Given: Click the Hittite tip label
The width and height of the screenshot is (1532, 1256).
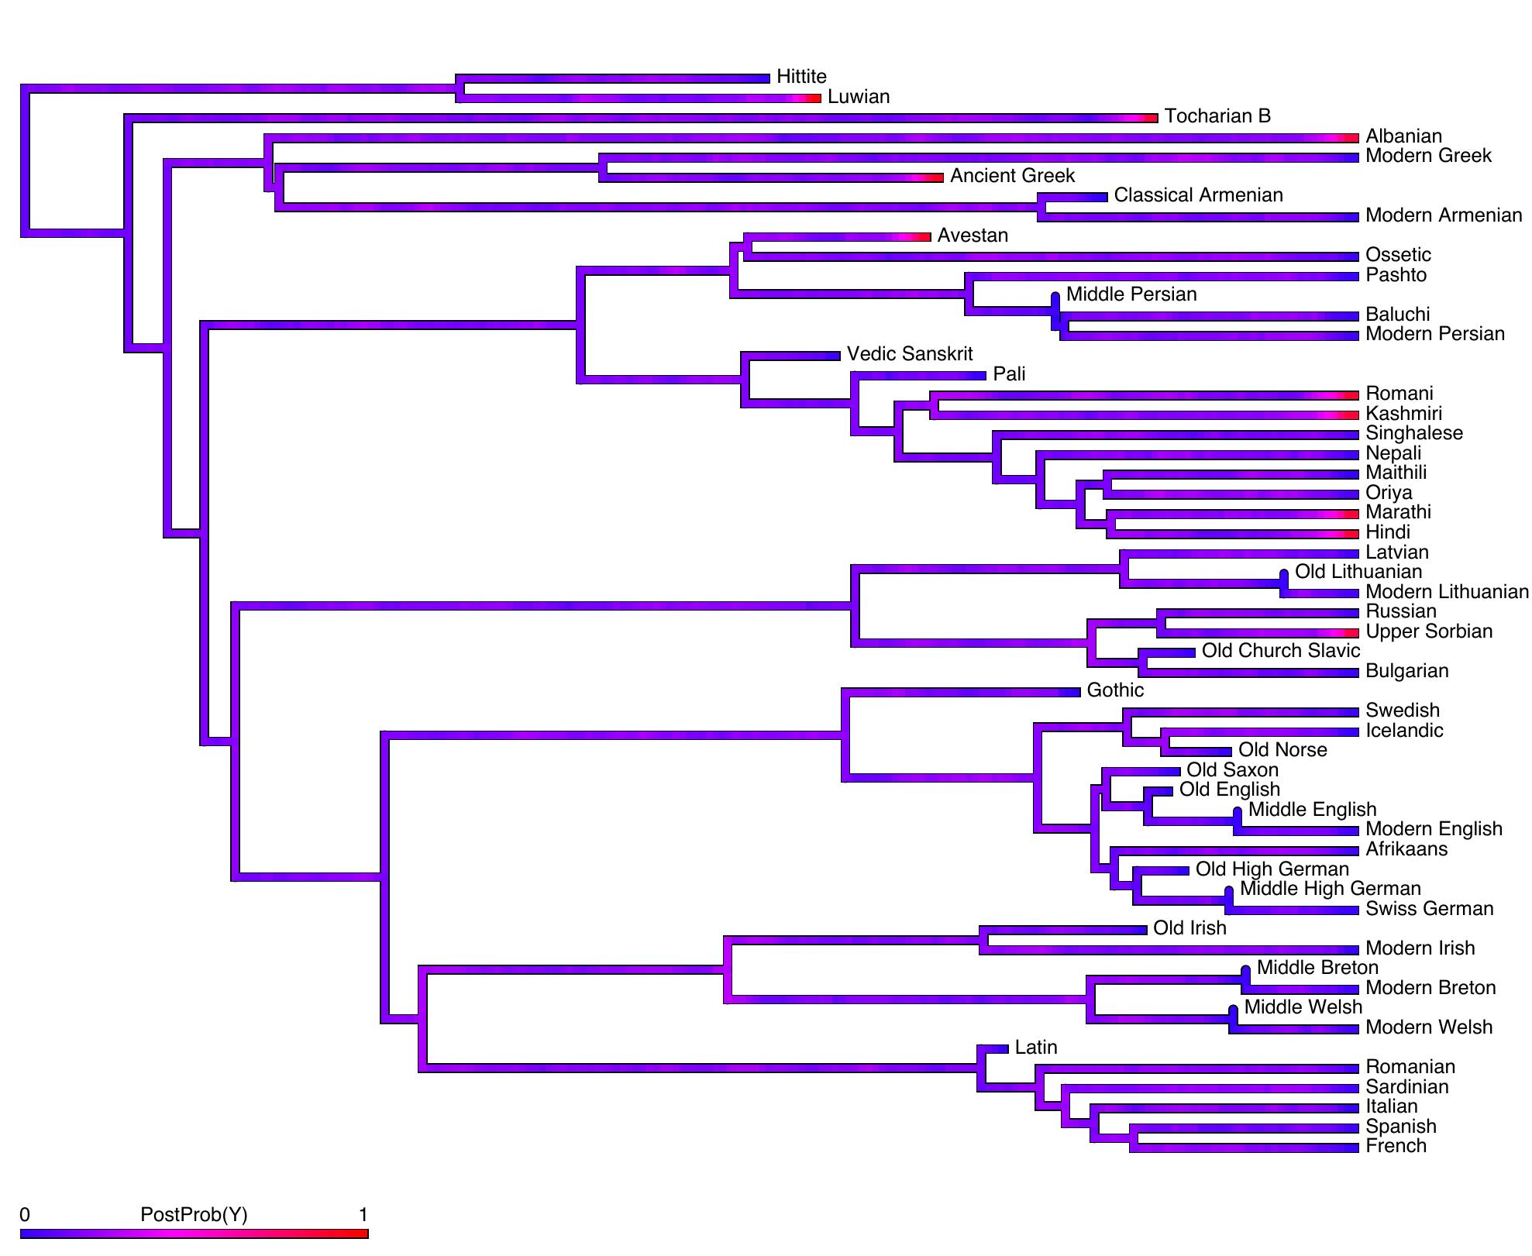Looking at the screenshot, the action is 801,77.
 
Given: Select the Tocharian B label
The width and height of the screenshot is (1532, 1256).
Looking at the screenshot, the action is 1217,116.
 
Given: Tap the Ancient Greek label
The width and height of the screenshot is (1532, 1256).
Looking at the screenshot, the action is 1012,176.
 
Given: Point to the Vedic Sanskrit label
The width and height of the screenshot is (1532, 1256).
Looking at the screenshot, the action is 910,354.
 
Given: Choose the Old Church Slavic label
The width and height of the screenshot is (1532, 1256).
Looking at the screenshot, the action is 1281,651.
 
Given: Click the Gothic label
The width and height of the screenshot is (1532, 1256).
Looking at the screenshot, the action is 1115,690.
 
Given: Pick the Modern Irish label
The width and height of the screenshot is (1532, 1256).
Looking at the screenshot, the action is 1420,948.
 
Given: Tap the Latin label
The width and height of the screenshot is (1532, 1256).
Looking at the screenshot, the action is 1036,1048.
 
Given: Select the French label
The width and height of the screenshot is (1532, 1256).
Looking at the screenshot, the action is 1396,1146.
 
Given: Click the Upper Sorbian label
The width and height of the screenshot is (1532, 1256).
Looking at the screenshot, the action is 1429,631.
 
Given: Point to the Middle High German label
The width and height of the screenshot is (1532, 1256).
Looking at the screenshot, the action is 1331,889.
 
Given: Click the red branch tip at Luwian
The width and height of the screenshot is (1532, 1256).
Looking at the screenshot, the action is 813,98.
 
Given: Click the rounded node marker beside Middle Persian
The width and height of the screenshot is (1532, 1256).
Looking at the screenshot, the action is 1055,298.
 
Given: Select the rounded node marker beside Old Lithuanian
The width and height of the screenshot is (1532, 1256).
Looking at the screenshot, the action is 1284,575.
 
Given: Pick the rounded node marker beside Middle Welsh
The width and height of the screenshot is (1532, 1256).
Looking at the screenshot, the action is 1233,1010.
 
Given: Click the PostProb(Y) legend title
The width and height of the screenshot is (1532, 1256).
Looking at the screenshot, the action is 194,1214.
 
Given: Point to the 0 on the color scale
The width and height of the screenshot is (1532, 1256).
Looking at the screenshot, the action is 25,1214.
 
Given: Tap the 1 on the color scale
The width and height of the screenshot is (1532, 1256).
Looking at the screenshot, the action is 363,1214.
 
